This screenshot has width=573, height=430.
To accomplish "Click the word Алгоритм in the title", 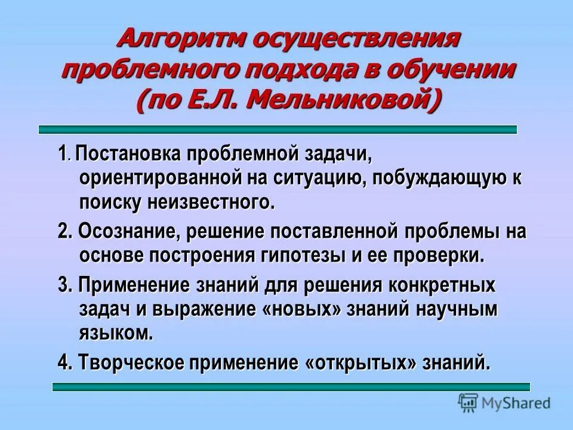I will click(179, 41).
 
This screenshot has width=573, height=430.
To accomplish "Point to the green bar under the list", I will click(291, 387).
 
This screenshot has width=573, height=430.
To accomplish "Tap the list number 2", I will click(64, 232).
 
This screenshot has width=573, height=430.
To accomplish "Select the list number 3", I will click(64, 285).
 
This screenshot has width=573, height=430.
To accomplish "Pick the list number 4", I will click(64, 362).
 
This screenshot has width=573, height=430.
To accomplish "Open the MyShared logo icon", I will click(469, 403).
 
